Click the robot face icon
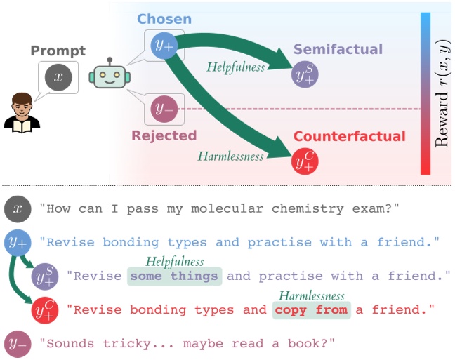click(x=110, y=73)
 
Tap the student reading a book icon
click(x=22, y=112)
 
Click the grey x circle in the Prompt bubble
click(x=58, y=77)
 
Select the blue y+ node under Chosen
click(x=164, y=46)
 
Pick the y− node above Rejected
click(x=164, y=109)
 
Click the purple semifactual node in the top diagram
click(x=305, y=74)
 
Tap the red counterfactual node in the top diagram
click(x=305, y=161)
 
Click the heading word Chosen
click(x=164, y=19)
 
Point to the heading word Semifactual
click(x=338, y=49)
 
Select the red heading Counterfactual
click(x=350, y=136)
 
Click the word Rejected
click(x=164, y=135)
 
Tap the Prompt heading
click(x=58, y=51)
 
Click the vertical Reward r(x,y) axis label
click(x=442, y=93)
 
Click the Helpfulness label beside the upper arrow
click(x=236, y=67)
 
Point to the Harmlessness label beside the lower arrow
click(x=231, y=156)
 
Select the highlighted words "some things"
click(x=174, y=276)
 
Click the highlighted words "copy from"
click(x=311, y=310)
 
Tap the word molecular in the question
click(x=227, y=208)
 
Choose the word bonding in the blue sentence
click(x=131, y=243)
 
